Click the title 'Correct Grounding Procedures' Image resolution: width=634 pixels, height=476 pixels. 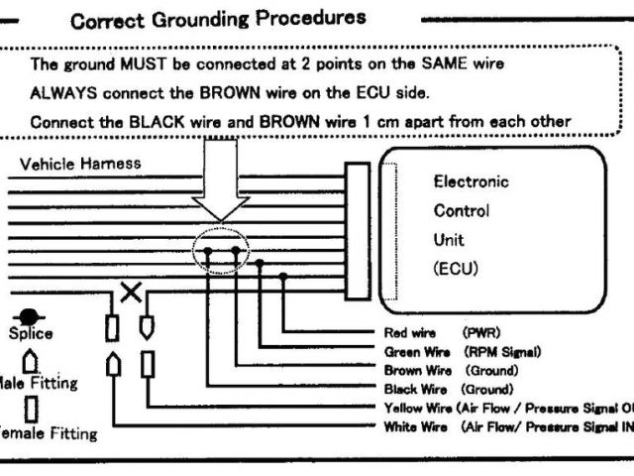[x=218, y=18]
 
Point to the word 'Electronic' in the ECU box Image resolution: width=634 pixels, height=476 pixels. [x=471, y=182]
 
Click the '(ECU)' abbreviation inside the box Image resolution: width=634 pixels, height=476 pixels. [x=455, y=268]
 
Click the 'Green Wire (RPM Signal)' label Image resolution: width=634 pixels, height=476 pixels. [x=462, y=352]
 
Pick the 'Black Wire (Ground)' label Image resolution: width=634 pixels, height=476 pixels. [x=448, y=390]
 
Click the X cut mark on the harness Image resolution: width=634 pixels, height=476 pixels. [x=129, y=292]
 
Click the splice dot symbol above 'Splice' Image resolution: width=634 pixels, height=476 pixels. [x=31, y=314]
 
